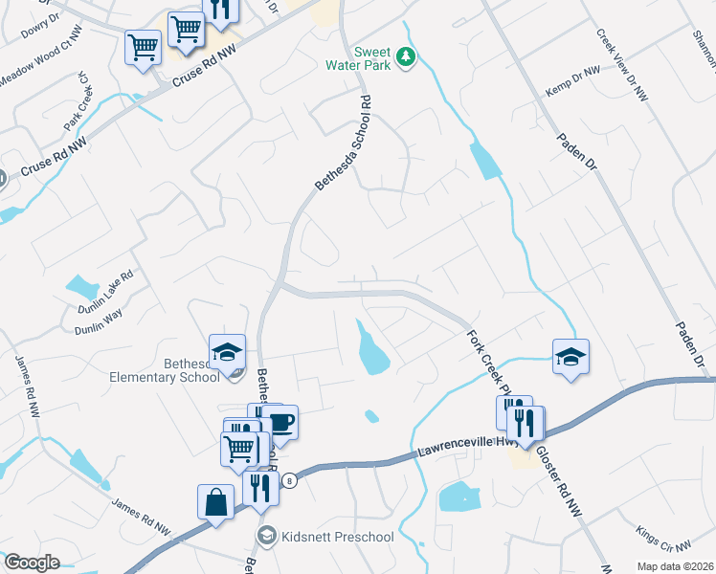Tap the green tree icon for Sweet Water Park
407,57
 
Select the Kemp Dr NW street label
572,78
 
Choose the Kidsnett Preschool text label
338,537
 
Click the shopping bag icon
215,501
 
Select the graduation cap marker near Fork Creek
571,358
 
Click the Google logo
32,562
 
